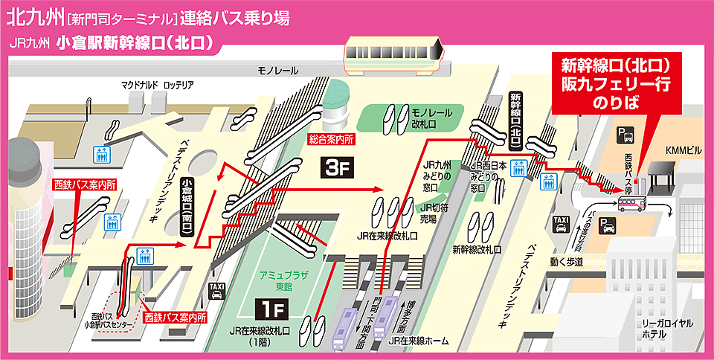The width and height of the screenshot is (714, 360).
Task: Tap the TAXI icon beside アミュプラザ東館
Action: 216,291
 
